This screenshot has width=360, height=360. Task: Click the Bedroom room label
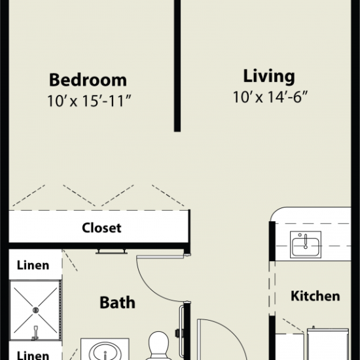pyautogui.click(x=88, y=80)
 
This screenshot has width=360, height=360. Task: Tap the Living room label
pyautogui.click(x=269, y=77)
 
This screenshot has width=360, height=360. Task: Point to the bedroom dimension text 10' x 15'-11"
pyautogui.click(x=89, y=101)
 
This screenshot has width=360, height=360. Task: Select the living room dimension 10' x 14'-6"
pyautogui.click(x=270, y=97)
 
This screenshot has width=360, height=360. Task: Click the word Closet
pyautogui.click(x=101, y=228)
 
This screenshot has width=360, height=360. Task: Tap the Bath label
pyautogui.click(x=117, y=302)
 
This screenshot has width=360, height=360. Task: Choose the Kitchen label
pyautogui.click(x=315, y=296)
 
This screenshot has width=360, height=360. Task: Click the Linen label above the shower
pyautogui.click(x=33, y=265)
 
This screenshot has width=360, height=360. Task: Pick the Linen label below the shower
pyautogui.click(x=33, y=355)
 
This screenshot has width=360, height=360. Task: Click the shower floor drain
pyautogui.click(x=35, y=310)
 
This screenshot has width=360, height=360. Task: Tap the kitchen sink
pyautogui.click(x=306, y=245)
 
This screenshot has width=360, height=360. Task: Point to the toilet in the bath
pyautogui.click(x=158, y=346)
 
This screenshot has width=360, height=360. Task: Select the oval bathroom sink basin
pyautogui.click(x=105, y=351)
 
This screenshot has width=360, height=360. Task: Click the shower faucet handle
pyautogui.click(x=35, y=333)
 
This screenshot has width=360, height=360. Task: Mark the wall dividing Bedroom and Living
pyautogui.click(x=177, y=66)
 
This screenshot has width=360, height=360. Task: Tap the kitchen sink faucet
pyautogui.click(x=306, y=241)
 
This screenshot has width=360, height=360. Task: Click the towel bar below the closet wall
pyautogui.click(x=111, y=251)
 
